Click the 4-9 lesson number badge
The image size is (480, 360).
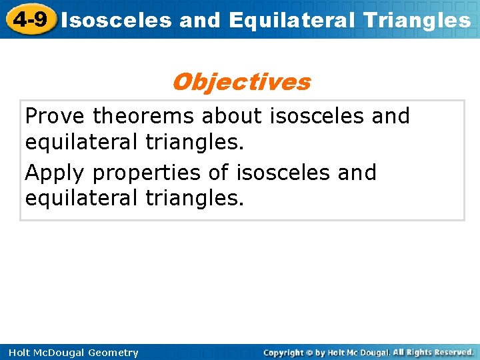click(29, 19)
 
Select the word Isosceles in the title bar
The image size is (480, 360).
click(117, 20)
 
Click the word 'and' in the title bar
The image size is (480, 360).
click(199, 20)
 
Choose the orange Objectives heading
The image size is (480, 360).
click(241, 82)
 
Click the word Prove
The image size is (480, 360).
click(56, 116)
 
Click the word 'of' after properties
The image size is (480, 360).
click(219, 173)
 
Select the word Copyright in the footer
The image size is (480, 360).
click(283, 352)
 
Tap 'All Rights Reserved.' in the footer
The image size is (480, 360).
click(433, 352)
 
